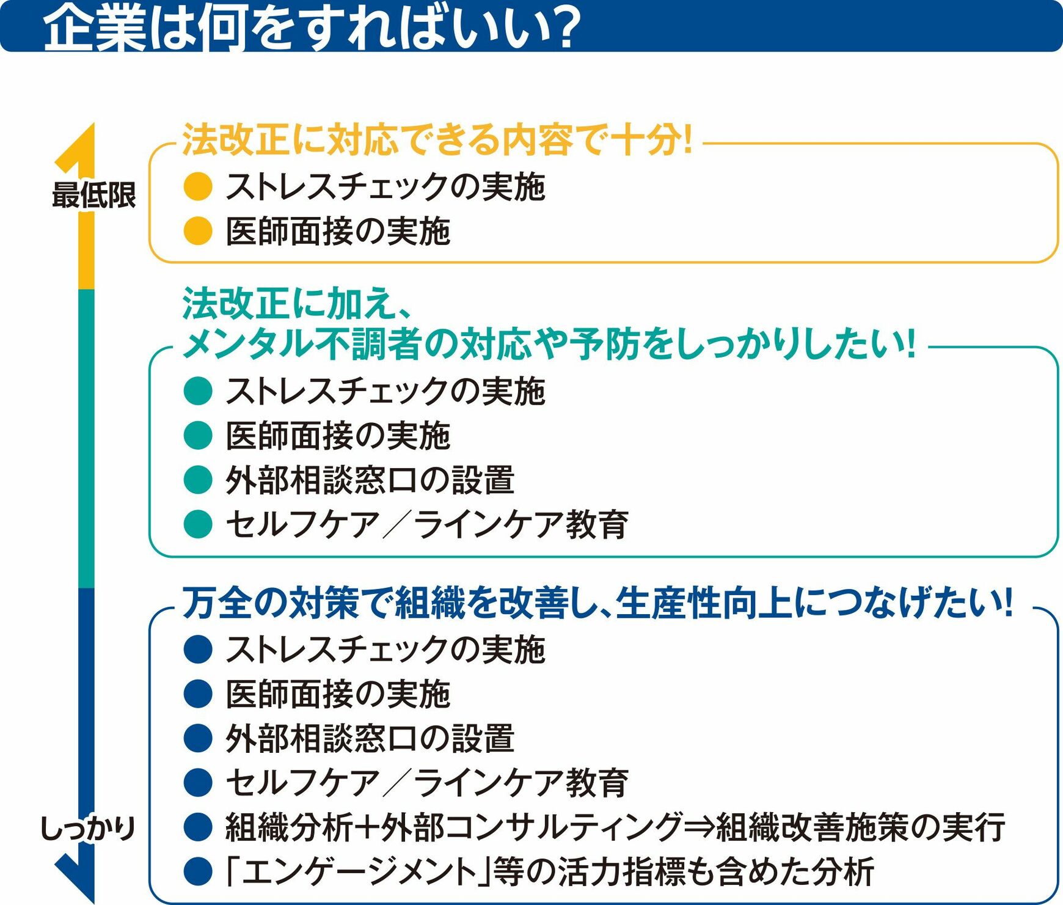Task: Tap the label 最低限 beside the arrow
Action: [93, 196]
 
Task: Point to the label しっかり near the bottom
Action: [87, 829]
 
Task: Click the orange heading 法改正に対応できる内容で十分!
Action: [438, 139]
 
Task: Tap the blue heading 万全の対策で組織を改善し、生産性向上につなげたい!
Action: [598, 603]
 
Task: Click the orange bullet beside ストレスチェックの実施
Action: [198, 186]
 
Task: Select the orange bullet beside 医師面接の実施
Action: [198, 231]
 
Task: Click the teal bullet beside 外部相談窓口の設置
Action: [198, 480]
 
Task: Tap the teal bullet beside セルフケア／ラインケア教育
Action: [198, 524]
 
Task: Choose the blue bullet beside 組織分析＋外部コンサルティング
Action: [198, 827]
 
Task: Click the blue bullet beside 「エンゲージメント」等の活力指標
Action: [198, 871]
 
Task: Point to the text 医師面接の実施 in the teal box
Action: [338, 436]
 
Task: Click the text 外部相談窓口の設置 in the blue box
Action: [370, 738]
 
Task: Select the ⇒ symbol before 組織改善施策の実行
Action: [698, 827]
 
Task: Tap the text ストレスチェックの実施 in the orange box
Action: [385, 186]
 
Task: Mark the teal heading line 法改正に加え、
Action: [298, 304]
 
